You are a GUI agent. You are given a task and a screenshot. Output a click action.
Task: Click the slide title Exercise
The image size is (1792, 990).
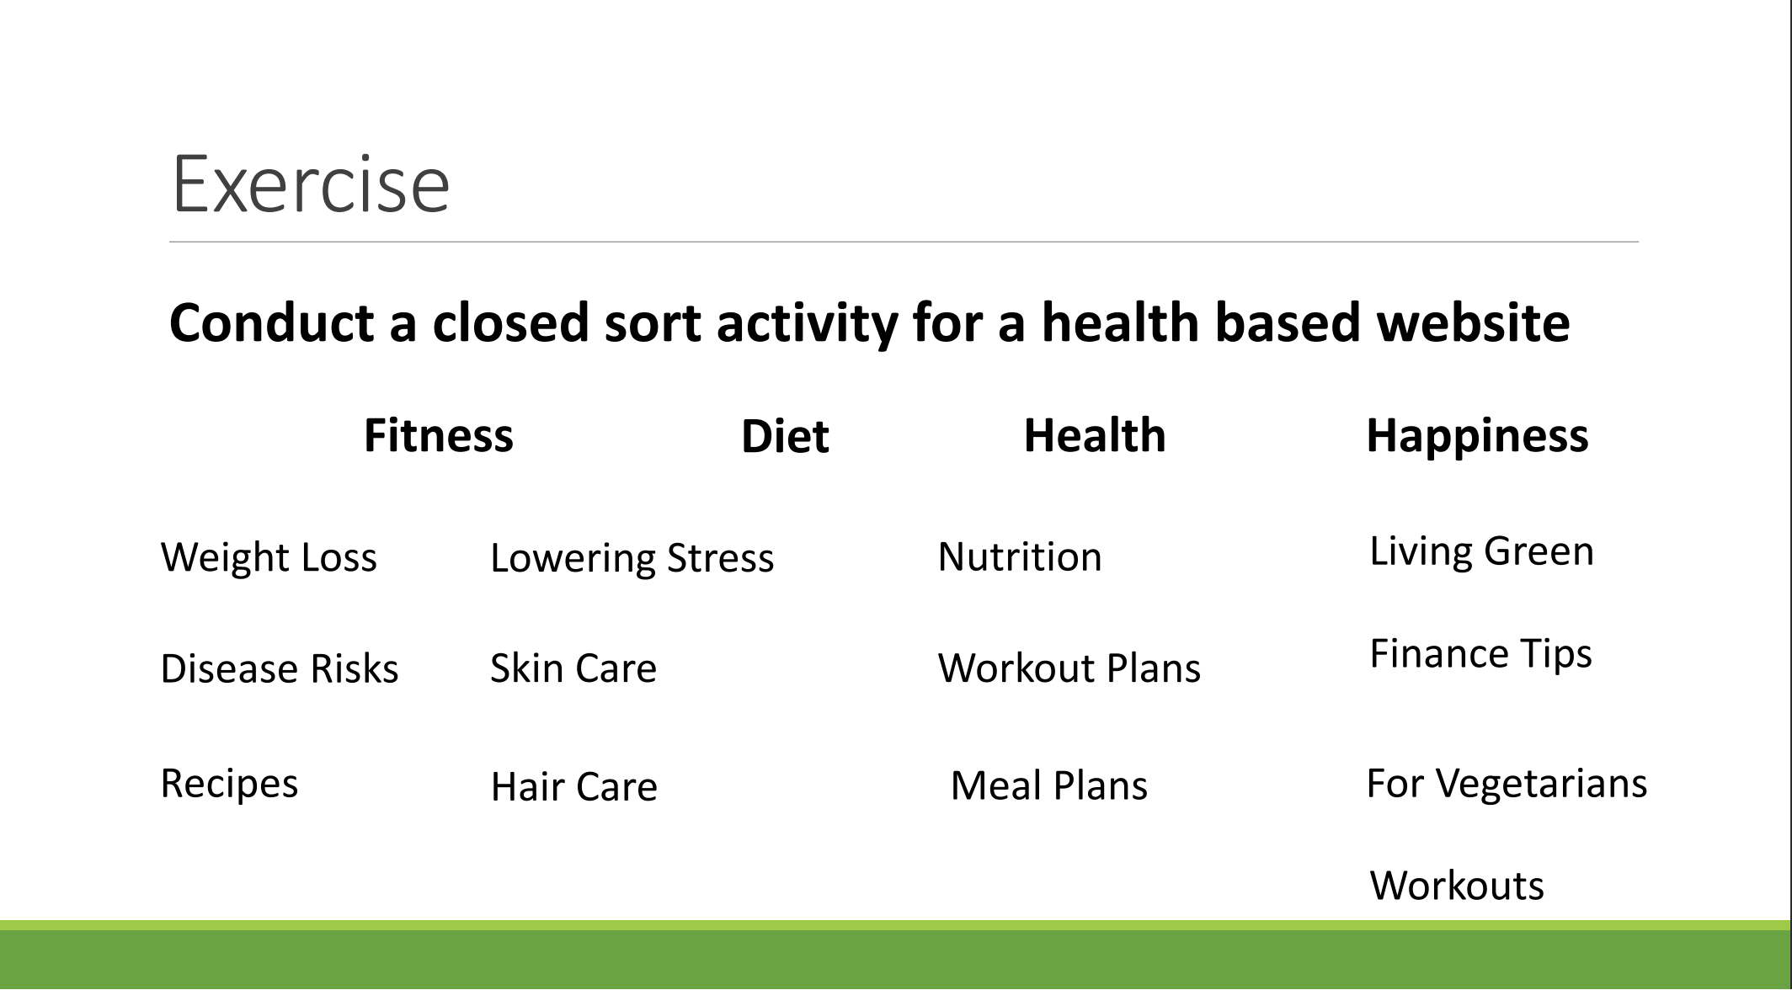[310, 184]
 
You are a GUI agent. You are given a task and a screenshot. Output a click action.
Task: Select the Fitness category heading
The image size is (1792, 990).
[438, 436]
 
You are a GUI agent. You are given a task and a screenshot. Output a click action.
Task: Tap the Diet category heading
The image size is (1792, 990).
[785, 437]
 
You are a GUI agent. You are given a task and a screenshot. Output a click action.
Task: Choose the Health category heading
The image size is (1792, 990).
[1094, 436]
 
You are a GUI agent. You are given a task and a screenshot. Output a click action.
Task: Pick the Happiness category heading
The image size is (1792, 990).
[1477, 436]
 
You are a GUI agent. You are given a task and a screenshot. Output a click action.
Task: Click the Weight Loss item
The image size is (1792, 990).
[269, 557]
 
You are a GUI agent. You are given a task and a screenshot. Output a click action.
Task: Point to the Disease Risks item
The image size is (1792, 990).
[279, 669]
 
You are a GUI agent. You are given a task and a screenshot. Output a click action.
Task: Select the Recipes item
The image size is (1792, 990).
[229, 784]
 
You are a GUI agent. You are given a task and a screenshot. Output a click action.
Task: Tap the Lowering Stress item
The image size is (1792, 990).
[632, 558]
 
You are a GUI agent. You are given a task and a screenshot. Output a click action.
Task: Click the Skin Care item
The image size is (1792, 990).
[573, 668]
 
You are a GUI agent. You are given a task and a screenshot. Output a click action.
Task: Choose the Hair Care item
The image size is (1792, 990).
[573, 787]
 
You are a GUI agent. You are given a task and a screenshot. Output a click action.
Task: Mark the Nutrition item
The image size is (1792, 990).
[1019, 557]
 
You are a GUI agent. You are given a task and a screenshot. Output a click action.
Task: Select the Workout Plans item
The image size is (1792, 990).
[1069, 668]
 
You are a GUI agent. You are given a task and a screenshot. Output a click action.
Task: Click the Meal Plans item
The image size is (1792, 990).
[1048, 786]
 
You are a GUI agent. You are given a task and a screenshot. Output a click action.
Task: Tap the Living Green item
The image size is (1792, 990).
[1481, 551]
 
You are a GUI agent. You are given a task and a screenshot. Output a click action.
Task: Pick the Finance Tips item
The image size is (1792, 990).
[1480, 654]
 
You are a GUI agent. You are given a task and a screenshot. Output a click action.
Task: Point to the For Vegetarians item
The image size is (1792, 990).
[1506, 784]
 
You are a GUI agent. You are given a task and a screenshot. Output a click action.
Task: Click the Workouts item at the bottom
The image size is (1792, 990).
[1457, 886]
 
